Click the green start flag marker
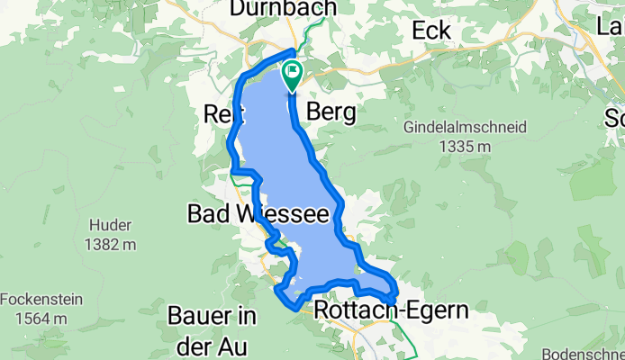[x=293, y=75]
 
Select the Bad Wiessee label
[x=246, y=214]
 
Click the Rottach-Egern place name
[x=392, y=311]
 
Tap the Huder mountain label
[x=113, y=225]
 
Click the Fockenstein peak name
[x=38, y=300]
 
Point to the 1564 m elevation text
[x=38, y=318]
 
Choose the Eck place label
[x=430, y=30]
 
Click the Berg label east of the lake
[x=331, y=112]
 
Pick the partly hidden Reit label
[x=219, y=114]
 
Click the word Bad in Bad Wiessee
[x=204, y=214]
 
